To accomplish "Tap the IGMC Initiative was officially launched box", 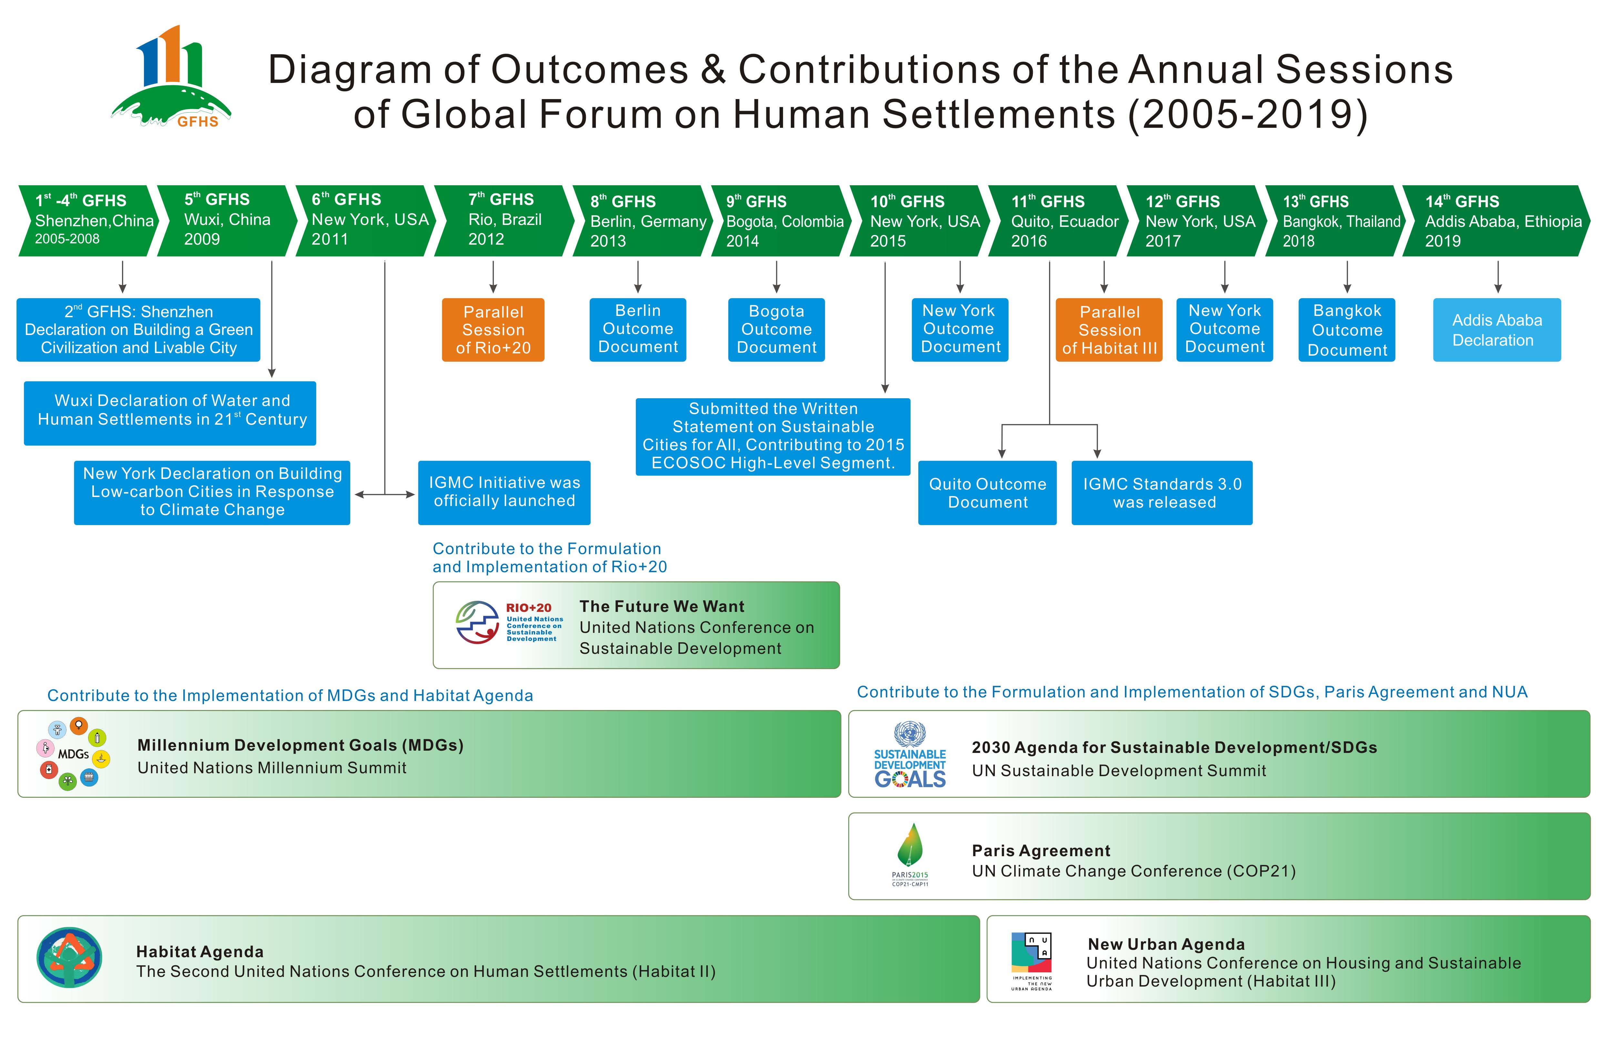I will (504, 492).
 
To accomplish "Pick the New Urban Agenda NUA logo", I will (1031, 961).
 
